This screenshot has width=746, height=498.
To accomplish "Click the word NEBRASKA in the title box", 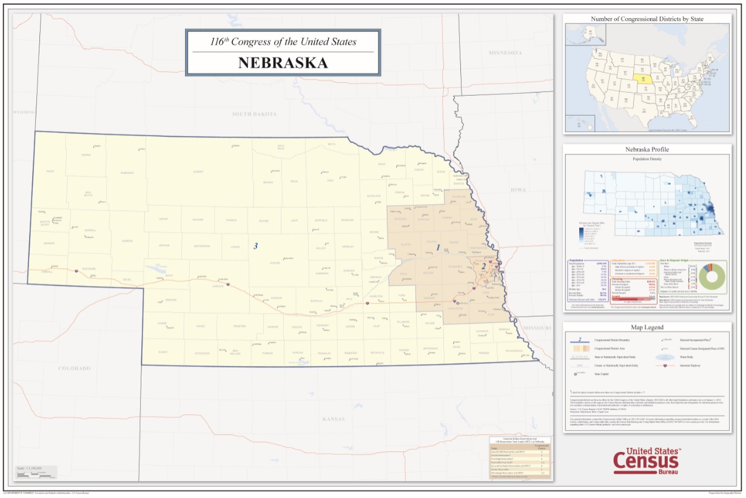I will click(282, 63).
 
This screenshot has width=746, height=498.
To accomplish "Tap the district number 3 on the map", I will click(256, 246).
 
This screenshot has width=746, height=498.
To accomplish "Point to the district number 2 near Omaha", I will click(483, 265).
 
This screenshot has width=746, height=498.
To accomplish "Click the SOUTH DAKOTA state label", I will click(254, 114).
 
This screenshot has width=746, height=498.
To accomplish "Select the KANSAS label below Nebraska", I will click(333, 419).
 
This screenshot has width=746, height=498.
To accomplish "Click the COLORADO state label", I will click(74, 368).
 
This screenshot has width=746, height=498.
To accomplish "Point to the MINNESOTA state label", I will click(505, 53).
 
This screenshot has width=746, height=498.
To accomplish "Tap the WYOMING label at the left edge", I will click(24, 112).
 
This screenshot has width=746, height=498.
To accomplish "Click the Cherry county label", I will click(198, 171).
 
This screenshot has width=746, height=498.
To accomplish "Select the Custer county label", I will click(275, 263).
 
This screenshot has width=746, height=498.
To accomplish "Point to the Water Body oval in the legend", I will click(667, 357).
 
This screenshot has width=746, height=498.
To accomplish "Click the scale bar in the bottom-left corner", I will click(36, 471).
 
